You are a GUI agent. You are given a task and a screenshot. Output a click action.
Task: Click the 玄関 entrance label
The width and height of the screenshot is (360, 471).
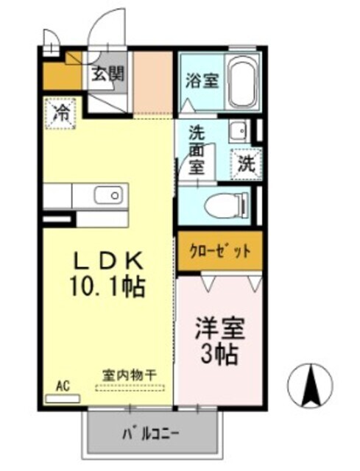107,74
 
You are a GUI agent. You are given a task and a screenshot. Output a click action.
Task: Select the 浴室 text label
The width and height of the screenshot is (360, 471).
201,80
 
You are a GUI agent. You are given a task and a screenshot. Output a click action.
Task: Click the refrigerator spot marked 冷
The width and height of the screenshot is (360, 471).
62,113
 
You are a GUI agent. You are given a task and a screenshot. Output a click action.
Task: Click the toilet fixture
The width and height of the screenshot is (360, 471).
226,205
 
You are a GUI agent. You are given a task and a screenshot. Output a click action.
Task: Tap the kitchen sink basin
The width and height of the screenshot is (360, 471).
108,196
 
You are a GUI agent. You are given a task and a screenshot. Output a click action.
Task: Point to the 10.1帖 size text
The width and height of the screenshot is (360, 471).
109,286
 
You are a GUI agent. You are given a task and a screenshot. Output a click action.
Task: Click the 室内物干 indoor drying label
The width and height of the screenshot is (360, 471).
129,374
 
